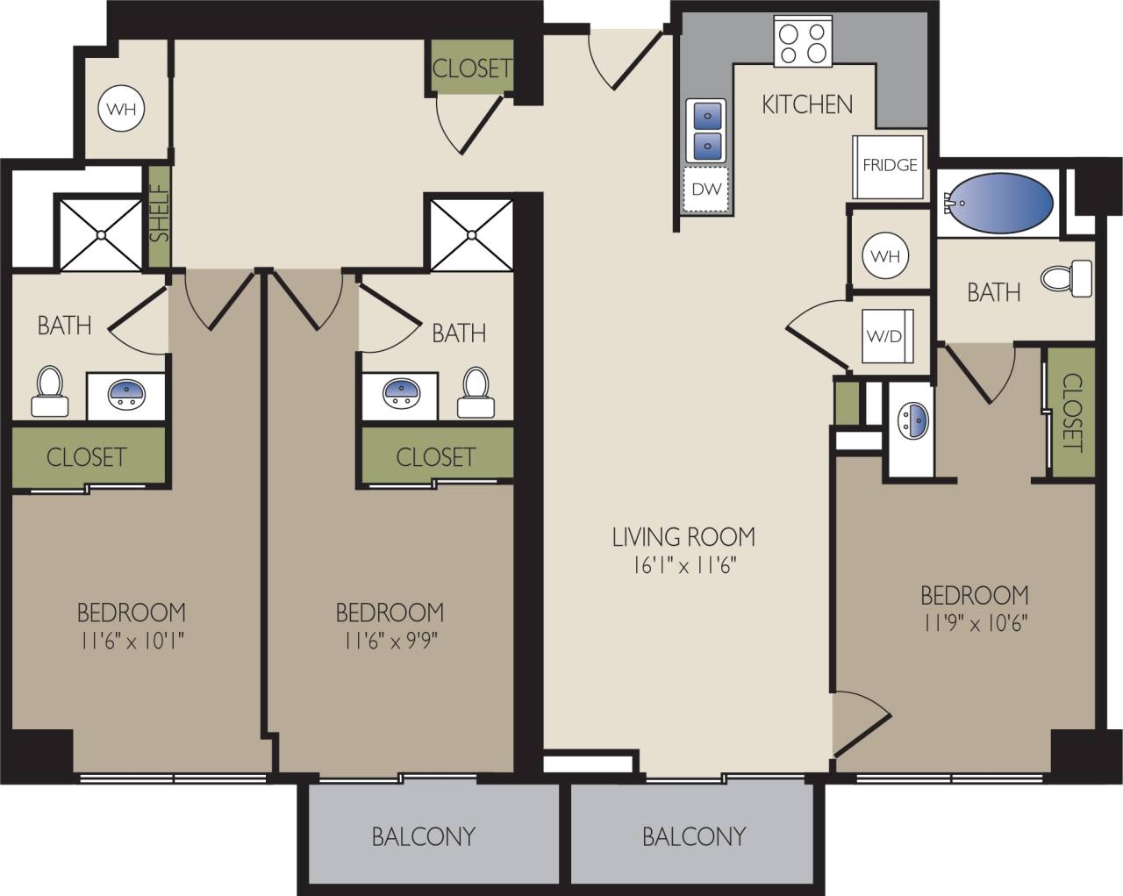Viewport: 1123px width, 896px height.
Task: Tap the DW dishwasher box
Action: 706,190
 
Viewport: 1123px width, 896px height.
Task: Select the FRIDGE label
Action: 890,165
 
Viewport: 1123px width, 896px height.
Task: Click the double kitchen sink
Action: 707,130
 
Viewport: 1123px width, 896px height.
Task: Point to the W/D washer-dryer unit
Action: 883,336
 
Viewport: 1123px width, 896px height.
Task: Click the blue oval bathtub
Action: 998,202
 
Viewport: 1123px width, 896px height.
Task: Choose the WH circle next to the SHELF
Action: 122,110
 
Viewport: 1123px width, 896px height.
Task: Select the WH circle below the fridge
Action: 885,256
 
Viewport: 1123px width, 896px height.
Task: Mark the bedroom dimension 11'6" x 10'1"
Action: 132,641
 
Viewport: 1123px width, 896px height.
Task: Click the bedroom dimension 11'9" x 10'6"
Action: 974,623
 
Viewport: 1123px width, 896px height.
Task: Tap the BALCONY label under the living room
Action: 693,836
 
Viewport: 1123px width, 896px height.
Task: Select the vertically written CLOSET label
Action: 1072,412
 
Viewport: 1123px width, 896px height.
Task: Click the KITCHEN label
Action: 807,104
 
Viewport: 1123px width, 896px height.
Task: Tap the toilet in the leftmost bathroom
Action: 49,391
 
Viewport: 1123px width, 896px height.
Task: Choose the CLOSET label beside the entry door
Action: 471,68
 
